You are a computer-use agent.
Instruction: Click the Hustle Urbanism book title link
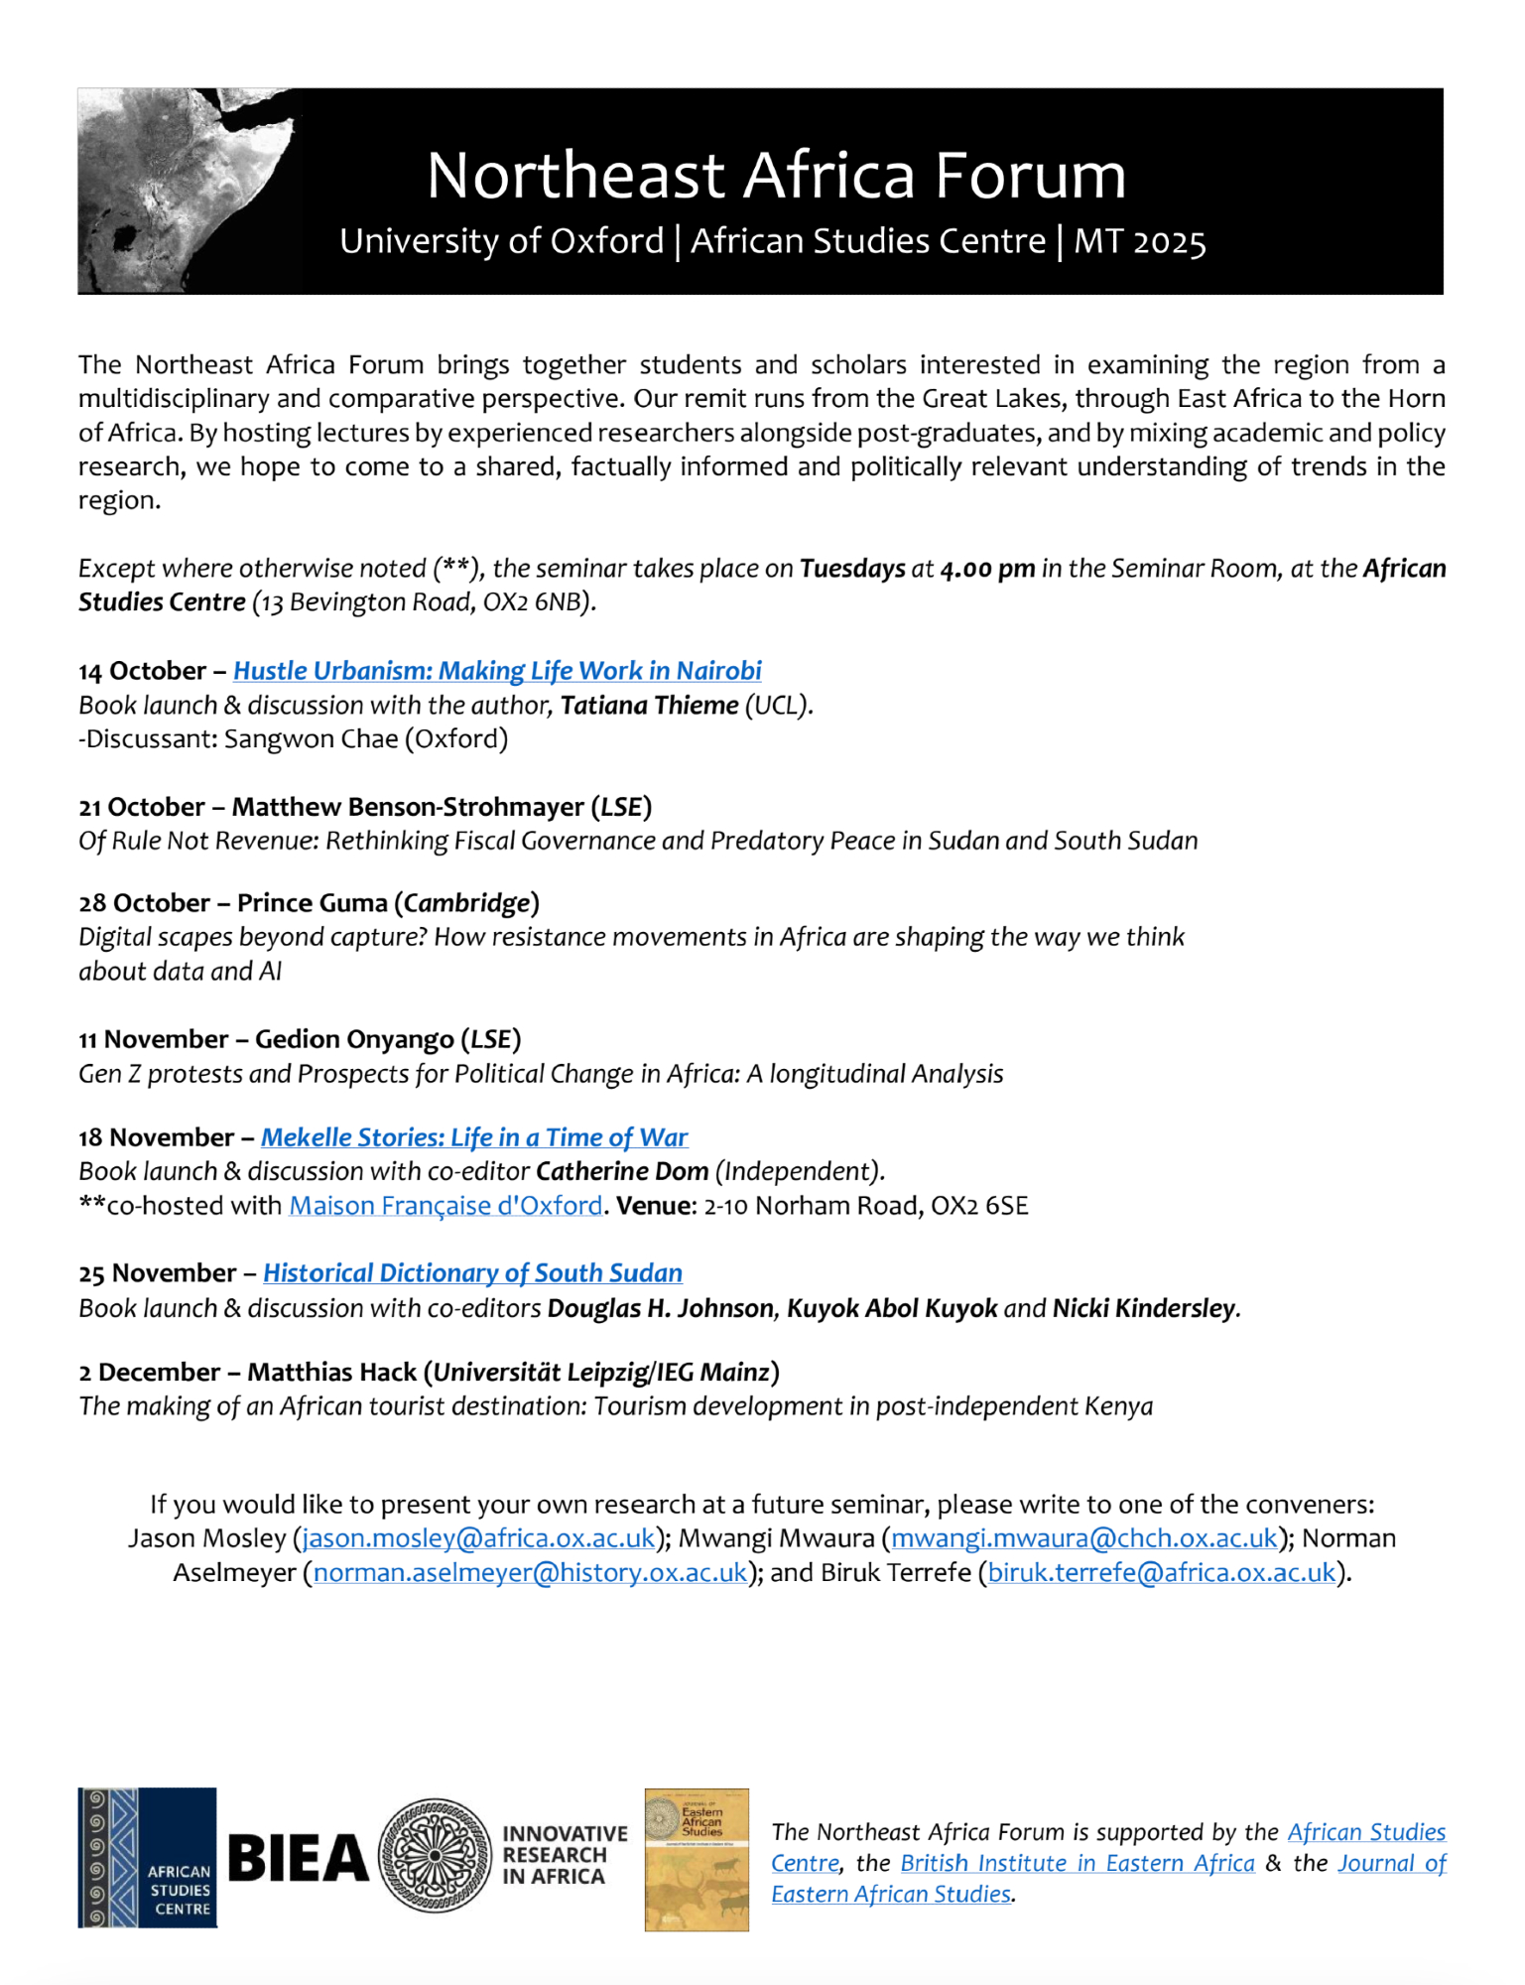click(x=497, y=671)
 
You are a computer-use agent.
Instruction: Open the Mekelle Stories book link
click(x=474, y=1137)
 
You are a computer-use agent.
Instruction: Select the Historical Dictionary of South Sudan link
click(x=472, y=1273)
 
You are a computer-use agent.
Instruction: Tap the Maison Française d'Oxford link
click(x=445, y=1206)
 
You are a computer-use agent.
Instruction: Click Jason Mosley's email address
click(x=478, y=1538)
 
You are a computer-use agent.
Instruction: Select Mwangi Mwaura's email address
click(x=1084, y=1538)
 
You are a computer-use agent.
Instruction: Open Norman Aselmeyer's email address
click(x=531, y=1573)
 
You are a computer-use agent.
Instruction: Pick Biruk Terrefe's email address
click(x=1162, y=1573)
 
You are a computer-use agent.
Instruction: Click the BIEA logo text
click(x=298, y=1859)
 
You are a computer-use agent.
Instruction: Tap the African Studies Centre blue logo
click(x=147, y=1858)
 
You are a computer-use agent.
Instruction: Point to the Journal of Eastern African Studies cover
click(x=697, y=1860)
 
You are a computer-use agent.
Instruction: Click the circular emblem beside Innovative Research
click(x=436, y=1857)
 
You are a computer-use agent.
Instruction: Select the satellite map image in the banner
click(x=189, y=191)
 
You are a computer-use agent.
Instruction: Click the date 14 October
click(x=142, y=671)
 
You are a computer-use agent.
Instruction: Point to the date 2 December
click(x=149, y=1373)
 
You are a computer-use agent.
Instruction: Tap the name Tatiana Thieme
click(x=649, y=706)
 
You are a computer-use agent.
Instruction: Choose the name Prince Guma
click(x=312, y=903)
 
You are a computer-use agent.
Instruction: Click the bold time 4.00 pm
click(x=987, y=569)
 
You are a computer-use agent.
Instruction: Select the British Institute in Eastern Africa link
click(x=1078, y=1863)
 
